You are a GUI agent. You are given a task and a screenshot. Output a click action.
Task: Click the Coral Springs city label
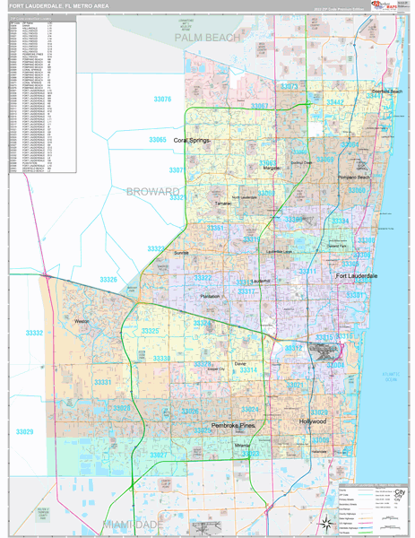(x=192, y=141)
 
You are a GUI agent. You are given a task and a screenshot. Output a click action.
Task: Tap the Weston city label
(x=83, y=320)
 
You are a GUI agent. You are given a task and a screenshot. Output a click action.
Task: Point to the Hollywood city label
(x=314, y=421)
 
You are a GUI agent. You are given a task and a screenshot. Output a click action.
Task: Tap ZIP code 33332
(x=34, y=333)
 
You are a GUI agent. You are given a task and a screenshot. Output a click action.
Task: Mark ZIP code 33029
(x=24, y=432)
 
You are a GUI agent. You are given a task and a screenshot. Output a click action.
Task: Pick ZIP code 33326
(x=108, y=281)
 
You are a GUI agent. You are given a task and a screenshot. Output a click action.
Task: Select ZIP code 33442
(x=334, y=103)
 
